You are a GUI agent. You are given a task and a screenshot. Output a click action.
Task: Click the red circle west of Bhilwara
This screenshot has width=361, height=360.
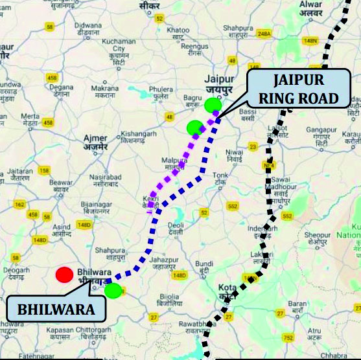pos(64,275)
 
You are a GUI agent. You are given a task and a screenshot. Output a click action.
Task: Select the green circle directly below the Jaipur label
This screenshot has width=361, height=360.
pos(213,104)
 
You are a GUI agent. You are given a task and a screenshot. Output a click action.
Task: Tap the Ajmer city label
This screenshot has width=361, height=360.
pos(95,141)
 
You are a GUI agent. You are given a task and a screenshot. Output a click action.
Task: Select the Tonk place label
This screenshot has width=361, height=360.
pos(221,178)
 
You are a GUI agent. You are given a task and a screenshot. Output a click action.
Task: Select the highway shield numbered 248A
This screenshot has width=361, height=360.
pos(263,33)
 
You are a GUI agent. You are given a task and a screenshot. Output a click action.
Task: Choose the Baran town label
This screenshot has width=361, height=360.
pos(297,306)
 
